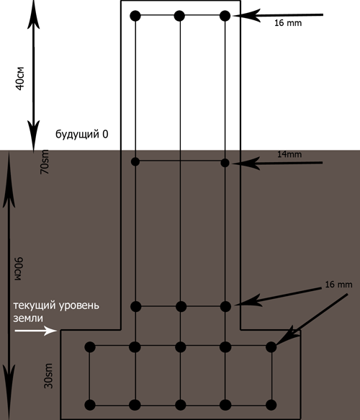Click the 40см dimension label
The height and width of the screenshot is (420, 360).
[20, 79]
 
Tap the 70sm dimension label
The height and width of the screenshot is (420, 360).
[45, 162]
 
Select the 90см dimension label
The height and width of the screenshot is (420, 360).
[19, 269]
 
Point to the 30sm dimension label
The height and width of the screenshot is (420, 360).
[48, 376]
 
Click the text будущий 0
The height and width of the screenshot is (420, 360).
[82, 134]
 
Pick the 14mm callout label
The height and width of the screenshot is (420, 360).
[289, 154]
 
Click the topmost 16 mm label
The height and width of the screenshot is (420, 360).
[288, 23]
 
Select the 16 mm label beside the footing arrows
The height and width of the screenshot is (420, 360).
[338, 285]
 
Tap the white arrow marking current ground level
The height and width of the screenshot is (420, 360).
[35, 331]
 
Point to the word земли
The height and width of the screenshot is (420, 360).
[28, 318]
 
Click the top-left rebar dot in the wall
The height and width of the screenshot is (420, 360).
[135, 16]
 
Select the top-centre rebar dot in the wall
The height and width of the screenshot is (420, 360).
[179, 16]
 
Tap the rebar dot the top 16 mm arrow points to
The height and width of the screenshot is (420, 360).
[225, 16]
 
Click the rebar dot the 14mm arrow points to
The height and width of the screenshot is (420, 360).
[225, 163]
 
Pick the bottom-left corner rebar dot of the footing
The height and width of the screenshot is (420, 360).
[90, 405]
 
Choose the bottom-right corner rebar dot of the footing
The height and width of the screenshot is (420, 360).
[271, 405]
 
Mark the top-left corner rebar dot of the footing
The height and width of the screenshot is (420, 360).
[90, 347]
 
